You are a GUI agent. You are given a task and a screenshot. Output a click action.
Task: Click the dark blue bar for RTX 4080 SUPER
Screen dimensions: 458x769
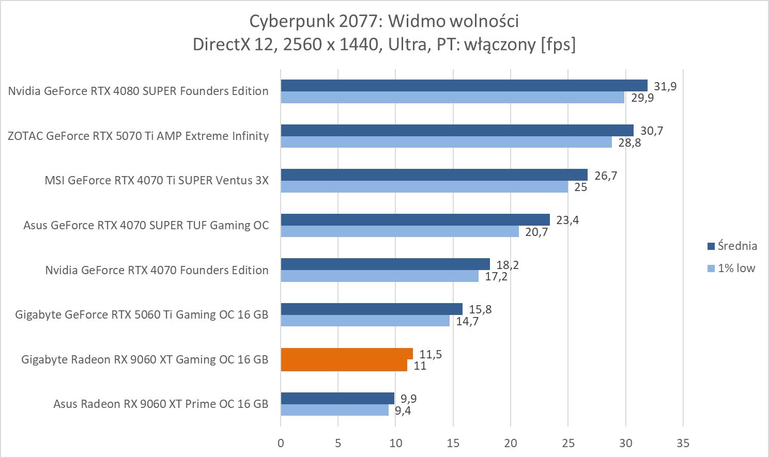464,85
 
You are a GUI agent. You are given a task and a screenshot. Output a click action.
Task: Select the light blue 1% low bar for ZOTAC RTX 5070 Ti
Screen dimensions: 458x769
446,142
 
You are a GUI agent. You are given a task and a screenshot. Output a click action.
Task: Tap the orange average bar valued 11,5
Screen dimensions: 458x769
346,354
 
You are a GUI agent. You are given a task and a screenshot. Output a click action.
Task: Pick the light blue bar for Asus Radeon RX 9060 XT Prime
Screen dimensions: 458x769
334,410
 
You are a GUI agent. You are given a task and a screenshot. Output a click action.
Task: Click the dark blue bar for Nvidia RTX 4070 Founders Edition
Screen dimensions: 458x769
385,264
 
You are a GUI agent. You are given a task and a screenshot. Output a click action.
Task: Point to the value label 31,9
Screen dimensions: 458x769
665,86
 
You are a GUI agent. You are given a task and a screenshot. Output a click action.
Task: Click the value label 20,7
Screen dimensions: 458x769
536,232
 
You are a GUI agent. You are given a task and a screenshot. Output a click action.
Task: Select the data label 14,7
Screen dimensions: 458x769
467,321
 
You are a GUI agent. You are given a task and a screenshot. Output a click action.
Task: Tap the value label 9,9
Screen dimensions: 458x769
408,399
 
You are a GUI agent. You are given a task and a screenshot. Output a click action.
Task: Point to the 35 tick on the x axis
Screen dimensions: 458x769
683,443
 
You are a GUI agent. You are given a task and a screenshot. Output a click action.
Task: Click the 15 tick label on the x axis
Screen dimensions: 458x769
453,443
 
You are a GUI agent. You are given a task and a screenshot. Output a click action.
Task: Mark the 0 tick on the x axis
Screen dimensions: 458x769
281,443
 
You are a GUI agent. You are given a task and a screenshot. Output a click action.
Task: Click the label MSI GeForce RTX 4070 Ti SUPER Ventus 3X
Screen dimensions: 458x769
157,180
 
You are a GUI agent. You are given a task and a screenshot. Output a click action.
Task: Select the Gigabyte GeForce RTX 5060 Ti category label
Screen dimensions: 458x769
142,314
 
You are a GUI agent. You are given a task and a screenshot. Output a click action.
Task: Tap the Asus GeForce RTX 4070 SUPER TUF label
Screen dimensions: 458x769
146,225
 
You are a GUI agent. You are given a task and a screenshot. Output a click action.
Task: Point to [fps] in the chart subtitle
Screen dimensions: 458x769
558,44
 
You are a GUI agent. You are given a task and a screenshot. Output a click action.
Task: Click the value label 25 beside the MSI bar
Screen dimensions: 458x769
581,187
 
